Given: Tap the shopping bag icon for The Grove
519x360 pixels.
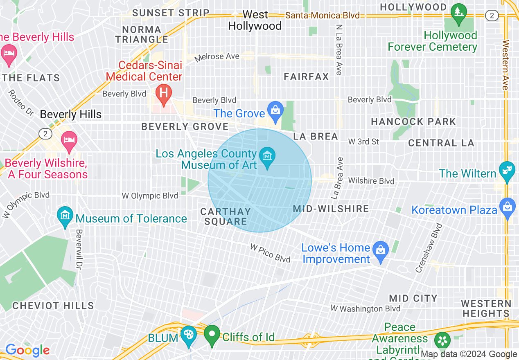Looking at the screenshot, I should (275, 110).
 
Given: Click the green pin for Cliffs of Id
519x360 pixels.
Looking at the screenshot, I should (212, 334).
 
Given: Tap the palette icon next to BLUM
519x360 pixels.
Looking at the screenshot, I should (189, 335).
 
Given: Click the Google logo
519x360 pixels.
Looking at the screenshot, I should (28, 350).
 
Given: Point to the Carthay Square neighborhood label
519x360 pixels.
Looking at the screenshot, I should (226, 216).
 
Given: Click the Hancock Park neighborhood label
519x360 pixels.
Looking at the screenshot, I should (413, 122).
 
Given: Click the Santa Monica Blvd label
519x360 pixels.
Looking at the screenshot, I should (322, 16).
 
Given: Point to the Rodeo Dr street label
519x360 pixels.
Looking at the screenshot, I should (20, 103).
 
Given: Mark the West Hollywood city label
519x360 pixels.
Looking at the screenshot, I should (255, 20).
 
